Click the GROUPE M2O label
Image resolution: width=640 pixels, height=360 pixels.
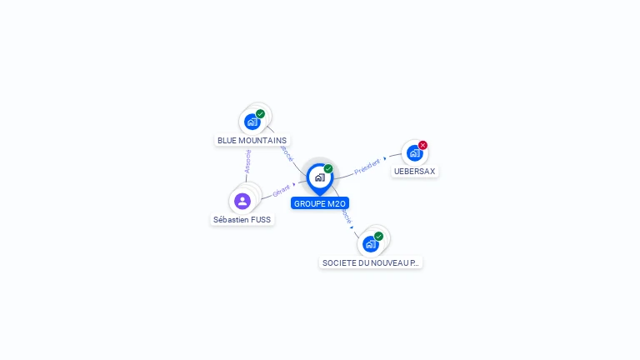[x=320, y=203]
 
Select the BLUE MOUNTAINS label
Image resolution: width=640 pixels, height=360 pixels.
[x=252, y=141]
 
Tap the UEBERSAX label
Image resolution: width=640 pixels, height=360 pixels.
[x=414, y=172]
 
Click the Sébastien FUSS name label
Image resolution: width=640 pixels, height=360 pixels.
[x=242, y=220]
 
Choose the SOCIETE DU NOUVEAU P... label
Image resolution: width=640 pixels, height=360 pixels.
[x=371, y=262]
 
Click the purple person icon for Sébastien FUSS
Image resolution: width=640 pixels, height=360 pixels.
[x=242, y=201]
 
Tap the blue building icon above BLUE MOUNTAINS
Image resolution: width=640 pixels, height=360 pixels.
[x=252, y=122]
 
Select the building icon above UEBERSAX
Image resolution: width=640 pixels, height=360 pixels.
[x=414, y=153]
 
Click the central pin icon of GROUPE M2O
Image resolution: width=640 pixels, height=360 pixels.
[x=319, y=177]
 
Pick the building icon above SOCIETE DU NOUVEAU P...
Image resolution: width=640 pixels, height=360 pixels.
[x=370, y=244]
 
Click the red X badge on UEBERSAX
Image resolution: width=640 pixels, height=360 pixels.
[x=422, y=145]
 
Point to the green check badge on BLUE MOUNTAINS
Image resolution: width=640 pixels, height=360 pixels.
[x=260, y=113]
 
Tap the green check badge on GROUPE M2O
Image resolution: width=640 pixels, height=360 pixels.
[x=328, y=168]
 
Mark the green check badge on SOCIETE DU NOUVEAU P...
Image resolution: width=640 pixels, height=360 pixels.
[x=378, y=236]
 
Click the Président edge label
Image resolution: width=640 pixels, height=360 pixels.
[x=367, y=167]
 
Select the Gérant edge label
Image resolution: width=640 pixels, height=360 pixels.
[x=281, y=191]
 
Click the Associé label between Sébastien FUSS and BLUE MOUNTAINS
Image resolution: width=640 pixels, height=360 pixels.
[x=247, y=161]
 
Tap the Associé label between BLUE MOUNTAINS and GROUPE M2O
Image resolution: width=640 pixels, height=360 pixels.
[x=287, y=152]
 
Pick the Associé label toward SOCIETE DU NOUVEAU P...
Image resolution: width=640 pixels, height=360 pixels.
[x=346, y=217]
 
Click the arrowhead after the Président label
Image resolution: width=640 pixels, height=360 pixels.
[x=385, y=157]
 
